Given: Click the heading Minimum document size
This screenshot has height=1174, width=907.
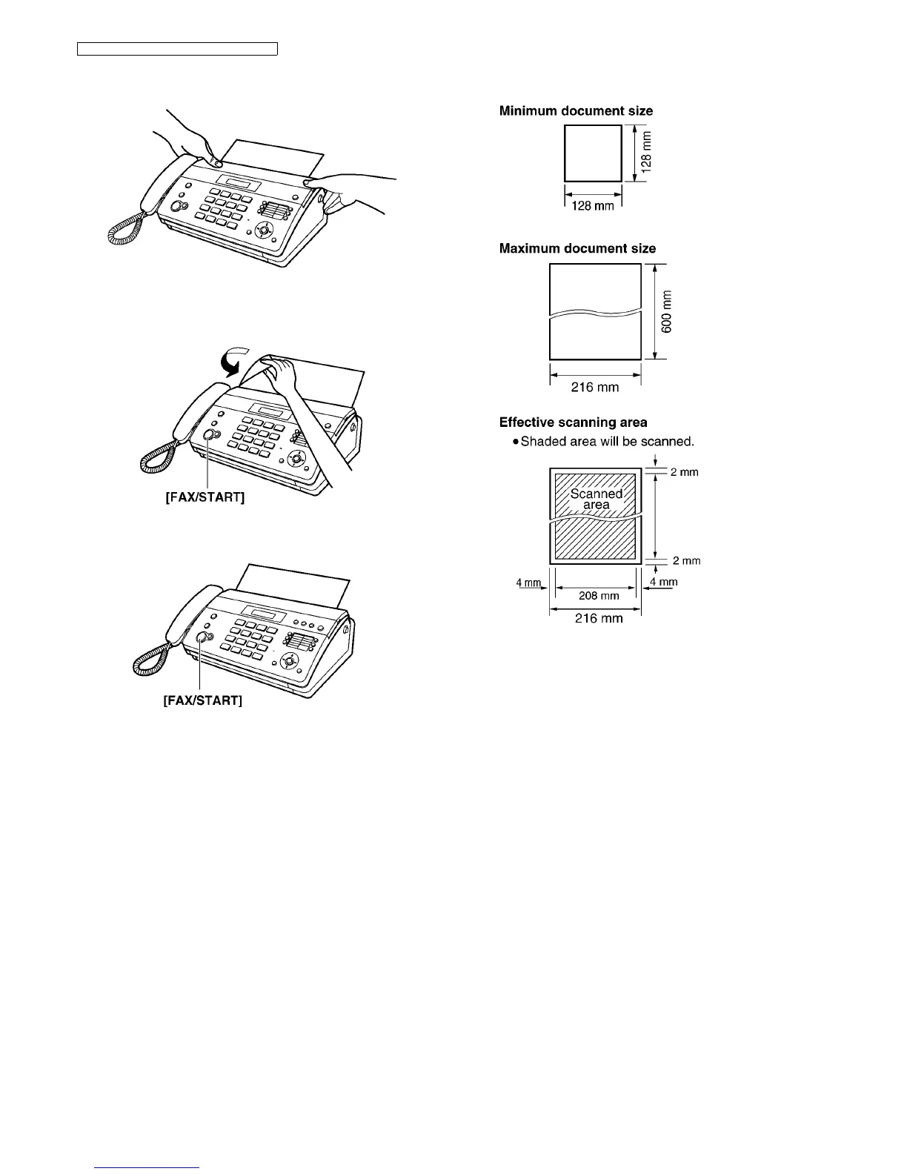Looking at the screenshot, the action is (x=576, y=111).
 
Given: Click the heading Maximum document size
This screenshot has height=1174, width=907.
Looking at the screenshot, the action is (x=577, y=248).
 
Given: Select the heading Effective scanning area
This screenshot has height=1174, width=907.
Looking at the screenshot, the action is (x=573, y=422).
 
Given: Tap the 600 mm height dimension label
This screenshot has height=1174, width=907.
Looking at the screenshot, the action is (x=667, y=311).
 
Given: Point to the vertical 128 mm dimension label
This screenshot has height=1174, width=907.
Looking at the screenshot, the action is (x=647, y=152).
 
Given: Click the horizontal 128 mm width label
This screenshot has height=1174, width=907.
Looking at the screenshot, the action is (x=593, y=205).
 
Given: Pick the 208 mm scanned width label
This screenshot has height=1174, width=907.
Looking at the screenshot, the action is (x=599, y=595).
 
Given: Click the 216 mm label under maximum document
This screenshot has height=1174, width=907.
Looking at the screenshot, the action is (x=594, y=387).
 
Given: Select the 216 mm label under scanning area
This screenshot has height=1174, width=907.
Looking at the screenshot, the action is (x=599, y=618).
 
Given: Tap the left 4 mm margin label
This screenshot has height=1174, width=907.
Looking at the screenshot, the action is (x=528, y=582).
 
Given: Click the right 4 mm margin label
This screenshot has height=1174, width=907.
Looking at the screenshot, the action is (x=663, y=582).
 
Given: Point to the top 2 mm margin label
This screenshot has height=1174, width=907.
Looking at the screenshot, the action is (x=685, y=472).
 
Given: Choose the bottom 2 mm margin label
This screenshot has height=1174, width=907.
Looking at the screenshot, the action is (x=686, y=561).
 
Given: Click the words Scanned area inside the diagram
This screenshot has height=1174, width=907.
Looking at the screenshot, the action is (x=596, y=499).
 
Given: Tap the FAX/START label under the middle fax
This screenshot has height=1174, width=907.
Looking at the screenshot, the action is (x=205, y=497).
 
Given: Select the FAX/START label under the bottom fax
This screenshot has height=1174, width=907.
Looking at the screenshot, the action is (x=202, y=700).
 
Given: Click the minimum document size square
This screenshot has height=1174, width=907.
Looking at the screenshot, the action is (x=593, y=153).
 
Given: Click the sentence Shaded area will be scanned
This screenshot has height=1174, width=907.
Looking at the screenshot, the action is (x=607, y=442).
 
